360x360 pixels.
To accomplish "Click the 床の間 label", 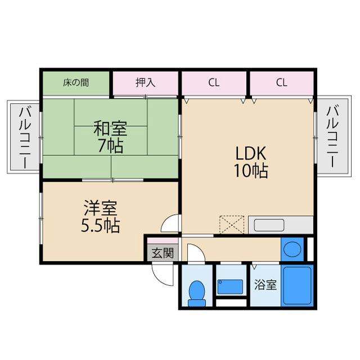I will click(x=75, y=83).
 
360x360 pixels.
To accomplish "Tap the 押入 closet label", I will click(x=145, y=83).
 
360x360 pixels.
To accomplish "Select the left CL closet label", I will click(x=213, y=83).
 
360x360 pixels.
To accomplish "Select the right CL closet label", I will click(x=282, y=83).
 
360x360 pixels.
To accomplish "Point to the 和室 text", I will click(x=110, y=129).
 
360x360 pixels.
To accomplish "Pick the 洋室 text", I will click(x=101, y=208).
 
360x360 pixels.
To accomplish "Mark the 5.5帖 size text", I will click(x=101, y=226).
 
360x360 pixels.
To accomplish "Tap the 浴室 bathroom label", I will click(x=265, y=285).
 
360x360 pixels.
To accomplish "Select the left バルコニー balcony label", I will click(x=24, y=137).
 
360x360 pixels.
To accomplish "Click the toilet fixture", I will click(x=197, y=292).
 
